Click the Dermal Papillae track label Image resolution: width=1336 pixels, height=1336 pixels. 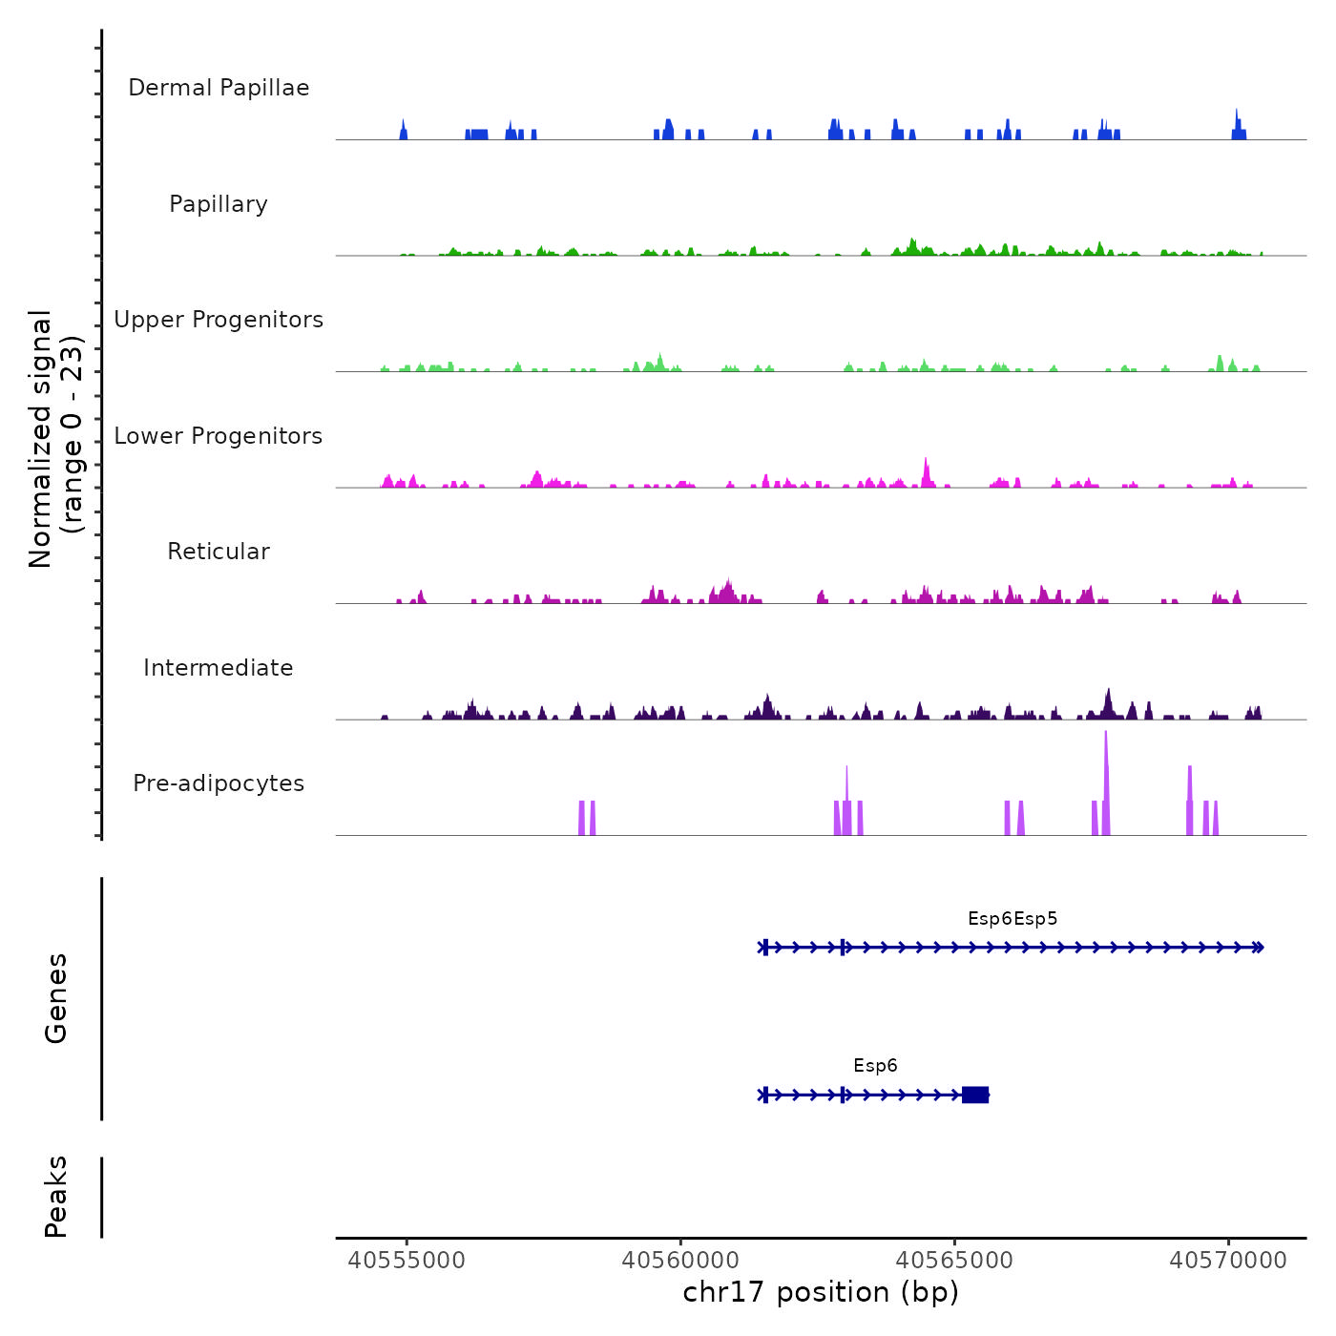pos(219,88)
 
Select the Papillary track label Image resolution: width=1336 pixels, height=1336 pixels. pos(219,204)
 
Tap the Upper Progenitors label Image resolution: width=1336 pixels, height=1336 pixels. pos(219,320)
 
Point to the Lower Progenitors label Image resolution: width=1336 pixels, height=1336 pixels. pos(219,436)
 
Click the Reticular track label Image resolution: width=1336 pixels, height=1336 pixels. pos(219,552)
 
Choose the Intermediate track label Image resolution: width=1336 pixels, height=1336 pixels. pos(219,668)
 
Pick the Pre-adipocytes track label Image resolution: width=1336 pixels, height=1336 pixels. pos(219,783)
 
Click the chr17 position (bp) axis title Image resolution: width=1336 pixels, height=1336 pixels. pos(821,1292)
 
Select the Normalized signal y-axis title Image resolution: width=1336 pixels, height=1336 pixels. pos(55,439)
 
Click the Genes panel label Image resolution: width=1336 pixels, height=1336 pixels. pos(56,998)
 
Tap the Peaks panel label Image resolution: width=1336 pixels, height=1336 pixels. pos(56,1197)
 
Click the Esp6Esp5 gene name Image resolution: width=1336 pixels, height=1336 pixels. pos(1012,919)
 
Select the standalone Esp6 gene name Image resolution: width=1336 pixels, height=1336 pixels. pos(875,1066)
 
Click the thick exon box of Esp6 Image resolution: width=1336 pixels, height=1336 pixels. pos(975,1095)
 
